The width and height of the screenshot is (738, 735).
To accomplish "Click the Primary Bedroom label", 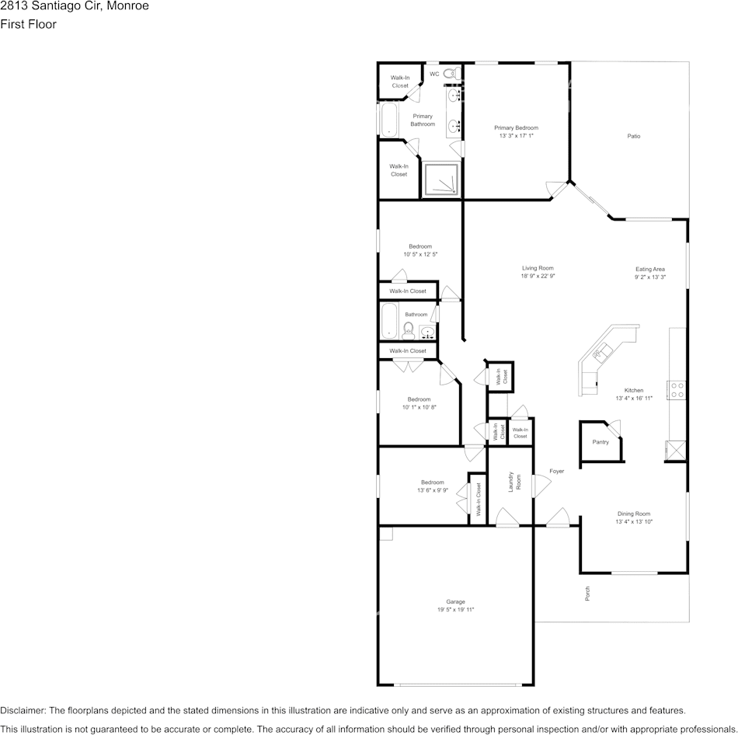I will click(x=516, y=127).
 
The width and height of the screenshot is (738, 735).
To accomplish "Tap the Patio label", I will click(x=634, y=136).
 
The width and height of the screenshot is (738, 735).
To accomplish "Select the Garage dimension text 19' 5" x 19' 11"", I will click(x=455, y=610).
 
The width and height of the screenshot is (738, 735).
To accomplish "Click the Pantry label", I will click(x=600, y=441).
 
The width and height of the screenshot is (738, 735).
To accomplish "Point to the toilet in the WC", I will click(x=457, y=74).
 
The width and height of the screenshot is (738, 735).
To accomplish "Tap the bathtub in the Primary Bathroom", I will click(x=387, y=120).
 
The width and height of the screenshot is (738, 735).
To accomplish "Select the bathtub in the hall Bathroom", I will click(x=389, y=321).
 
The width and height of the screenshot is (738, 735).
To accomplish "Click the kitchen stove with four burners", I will click(x=677, y=390).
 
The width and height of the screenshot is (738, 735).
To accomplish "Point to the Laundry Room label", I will click(x=512, y=482).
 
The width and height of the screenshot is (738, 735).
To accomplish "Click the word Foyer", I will click(x=556, y=471).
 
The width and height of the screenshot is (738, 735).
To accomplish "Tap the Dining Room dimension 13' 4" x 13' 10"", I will click(x=634, y=522).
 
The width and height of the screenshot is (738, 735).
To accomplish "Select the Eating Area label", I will click(x=649, y=269).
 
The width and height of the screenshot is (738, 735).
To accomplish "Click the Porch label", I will click(x=587, y=594).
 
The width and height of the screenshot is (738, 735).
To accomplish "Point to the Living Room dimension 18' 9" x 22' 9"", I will click(x=537, y=276).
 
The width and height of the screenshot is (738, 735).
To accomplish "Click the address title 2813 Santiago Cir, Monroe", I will click(x=75, y=6).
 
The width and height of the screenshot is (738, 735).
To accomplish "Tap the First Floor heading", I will click(x=28, y=24).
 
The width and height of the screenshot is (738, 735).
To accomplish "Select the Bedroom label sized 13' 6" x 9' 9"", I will click(x=433, y=482).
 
